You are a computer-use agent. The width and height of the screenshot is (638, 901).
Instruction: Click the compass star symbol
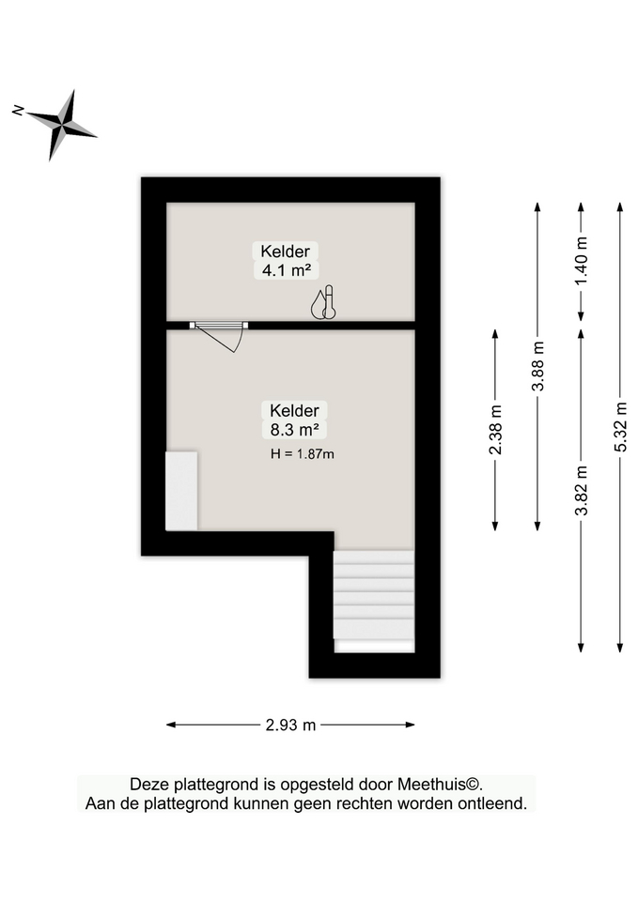61,124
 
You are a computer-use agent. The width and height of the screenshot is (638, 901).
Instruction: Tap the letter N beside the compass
18,110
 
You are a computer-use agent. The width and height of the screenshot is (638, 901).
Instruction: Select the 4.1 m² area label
286,270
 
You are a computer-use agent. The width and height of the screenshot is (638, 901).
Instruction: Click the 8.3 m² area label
294,429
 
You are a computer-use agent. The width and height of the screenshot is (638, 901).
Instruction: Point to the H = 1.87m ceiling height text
302,454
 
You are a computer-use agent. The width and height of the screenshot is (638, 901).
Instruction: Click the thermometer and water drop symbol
323,302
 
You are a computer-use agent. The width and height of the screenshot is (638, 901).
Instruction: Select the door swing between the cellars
219,337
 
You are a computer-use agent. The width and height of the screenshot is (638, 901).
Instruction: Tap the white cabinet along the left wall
181,491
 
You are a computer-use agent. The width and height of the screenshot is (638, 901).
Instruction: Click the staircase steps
373,595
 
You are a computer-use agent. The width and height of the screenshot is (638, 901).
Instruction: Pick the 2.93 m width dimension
290,725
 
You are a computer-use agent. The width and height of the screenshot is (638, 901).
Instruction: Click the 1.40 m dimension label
581,262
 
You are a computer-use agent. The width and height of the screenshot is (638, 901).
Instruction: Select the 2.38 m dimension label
495,429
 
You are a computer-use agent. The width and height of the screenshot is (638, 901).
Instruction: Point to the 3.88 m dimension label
537,366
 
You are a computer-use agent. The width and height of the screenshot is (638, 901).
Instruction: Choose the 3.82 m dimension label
581,490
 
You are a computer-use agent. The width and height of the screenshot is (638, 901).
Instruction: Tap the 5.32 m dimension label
620,427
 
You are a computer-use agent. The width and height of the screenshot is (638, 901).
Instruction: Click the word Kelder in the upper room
286,252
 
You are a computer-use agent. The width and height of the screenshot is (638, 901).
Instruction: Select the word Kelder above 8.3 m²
294,410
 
